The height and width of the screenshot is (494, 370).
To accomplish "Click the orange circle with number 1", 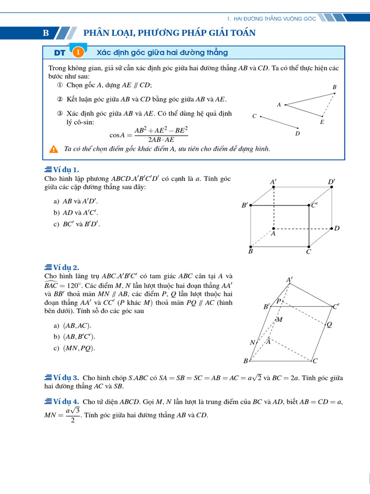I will pyautogui.click(x=78, y=52).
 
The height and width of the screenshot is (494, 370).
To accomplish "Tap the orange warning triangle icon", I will pyautogui.click(x=54, y=149).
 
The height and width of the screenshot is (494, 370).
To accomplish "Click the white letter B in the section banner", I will pyautogui.click(x=46, y=33).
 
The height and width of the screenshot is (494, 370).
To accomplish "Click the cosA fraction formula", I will pyautogui.click(x=149, y=135).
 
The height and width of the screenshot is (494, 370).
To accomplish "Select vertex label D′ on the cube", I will pyautogui.click(x=331, y=182).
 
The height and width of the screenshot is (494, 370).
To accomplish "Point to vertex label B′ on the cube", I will pyautogui.click(x=245, y=206).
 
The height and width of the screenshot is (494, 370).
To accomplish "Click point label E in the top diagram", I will pyautogui.click(x=322, y=123).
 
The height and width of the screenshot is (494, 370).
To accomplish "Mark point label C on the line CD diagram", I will pyautogui.click(x=254, y=116).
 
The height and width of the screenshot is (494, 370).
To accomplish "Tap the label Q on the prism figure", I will pyautogui.click(x=330, y=324).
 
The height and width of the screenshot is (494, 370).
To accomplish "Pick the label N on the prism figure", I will pyautogui.click(x=252, y=343).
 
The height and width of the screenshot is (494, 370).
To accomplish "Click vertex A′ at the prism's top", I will pyautogui.click(x=290, y=280).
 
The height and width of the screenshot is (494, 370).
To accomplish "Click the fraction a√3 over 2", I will pyautogui.click(x=73, y=414).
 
